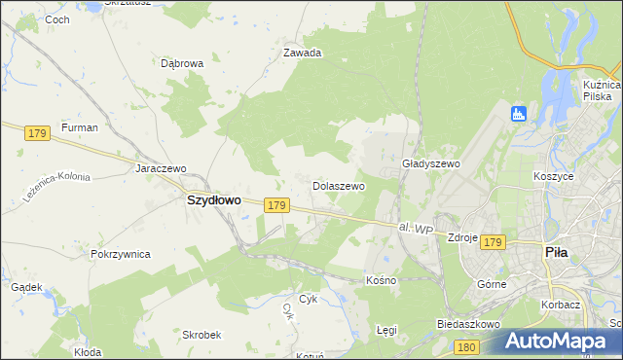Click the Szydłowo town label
coord(213,199)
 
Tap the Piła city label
coord(556,251)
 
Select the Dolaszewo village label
coord(338,185)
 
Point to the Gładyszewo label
coord(430,164)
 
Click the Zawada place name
coord(302,54)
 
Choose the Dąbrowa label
coord(181,64)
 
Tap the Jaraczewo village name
coord(161,168)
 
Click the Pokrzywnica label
coord(120,254)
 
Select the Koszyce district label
coord(553,177)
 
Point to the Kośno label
coord(381,279)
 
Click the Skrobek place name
coord(200,334)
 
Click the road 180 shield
coord(467,346)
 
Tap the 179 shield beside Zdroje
coord(494,241)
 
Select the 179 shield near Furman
coord(38,132)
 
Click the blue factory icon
coord(518,114)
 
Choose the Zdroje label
coord(461,237)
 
